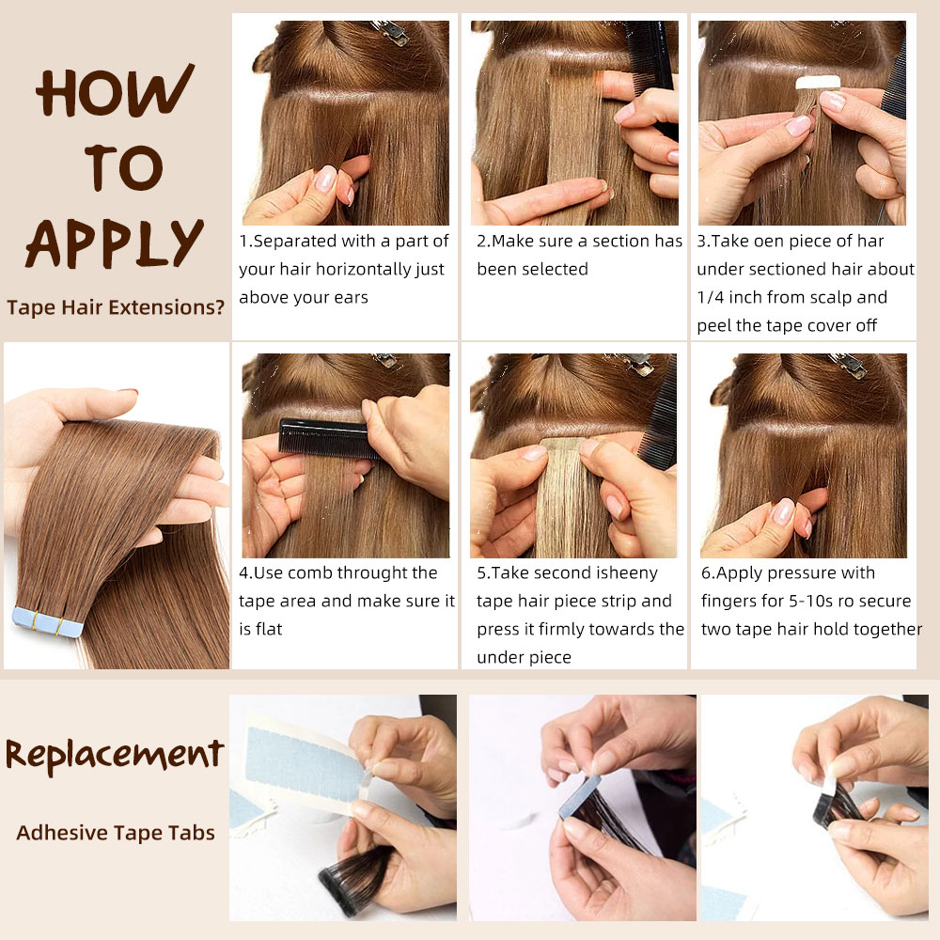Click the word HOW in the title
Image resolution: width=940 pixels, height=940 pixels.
point(115,94)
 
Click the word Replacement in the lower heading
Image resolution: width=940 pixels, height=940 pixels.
point(115,754)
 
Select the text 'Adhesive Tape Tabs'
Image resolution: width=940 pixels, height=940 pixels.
point(115,832)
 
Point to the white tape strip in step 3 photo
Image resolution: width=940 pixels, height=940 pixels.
point(818,83)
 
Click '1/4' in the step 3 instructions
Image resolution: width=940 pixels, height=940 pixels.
point(713,298)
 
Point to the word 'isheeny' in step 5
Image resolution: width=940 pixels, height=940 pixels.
point(619,573)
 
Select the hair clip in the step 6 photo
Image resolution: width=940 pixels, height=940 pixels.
point(851,365)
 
